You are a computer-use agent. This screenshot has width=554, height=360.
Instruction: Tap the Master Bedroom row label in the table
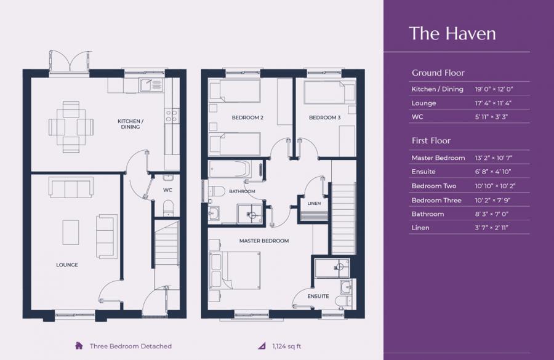point(438,158)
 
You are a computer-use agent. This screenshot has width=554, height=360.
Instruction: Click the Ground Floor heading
point(438,73)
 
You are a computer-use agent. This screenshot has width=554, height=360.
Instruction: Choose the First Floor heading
point(431,141)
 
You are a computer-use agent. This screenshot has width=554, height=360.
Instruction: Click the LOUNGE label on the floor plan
point(67,265)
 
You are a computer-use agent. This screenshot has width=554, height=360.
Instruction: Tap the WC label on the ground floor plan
point(167,190)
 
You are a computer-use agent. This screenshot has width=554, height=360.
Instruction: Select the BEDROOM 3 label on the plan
point(324,118)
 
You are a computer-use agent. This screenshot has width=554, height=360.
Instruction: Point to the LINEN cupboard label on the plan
point(314,204)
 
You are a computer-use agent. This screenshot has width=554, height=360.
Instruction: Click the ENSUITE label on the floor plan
point(318,297)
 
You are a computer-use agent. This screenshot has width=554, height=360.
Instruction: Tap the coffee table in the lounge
point(71,232)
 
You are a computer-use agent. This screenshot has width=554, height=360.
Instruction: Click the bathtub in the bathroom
point(230,169)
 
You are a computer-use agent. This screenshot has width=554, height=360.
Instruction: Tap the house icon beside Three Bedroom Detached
point(79,346)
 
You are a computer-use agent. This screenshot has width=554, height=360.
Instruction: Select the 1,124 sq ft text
point(287,346)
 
